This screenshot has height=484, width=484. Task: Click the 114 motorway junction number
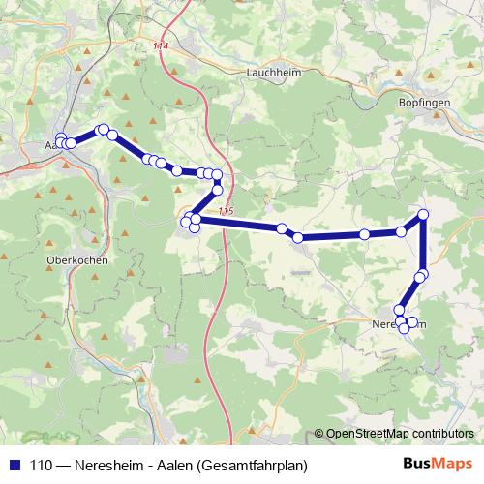coord(160,45)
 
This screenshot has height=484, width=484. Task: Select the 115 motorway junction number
coord(226,212)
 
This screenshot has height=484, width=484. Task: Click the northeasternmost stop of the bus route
coord(423,214)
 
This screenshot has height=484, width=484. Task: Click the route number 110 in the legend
coord(44,465)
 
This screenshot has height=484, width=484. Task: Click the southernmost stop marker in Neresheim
coord(404,329)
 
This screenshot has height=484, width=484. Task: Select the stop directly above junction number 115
coord(218,190)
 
